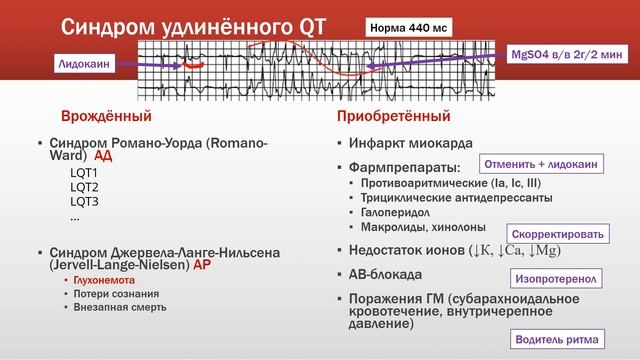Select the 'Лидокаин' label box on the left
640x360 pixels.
pyautogui.click(x=85, y=63)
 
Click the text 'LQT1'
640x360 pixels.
pyautogui.click(x=83, y=173)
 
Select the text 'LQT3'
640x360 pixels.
pyautogui.click(x=83, y=201)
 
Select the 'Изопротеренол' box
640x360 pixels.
pyautogui.click(x=558, y=277)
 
